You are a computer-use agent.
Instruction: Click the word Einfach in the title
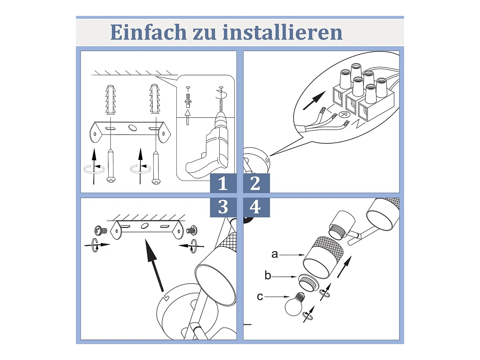(x=148, y=32)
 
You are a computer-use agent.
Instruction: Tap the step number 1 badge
(x=223, y=183)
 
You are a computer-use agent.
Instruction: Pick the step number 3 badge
(x=223, y=207)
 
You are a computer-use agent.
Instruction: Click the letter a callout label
(x=274, y=254)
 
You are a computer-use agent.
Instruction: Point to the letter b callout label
(x=268, y=275)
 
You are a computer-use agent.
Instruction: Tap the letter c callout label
(x=260, y=297)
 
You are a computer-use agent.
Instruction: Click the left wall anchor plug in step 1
(x=111, y=100)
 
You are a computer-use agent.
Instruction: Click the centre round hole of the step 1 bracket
(x=133, y=128)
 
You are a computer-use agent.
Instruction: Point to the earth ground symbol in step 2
(x=344, y=114)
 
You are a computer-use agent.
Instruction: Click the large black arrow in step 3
(x=154, y=265)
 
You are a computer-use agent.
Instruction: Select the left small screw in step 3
(x=101, y=230)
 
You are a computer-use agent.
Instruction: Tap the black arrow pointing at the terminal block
(x=314, y=100)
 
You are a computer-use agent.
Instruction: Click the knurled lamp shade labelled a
(x=322, y=257)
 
